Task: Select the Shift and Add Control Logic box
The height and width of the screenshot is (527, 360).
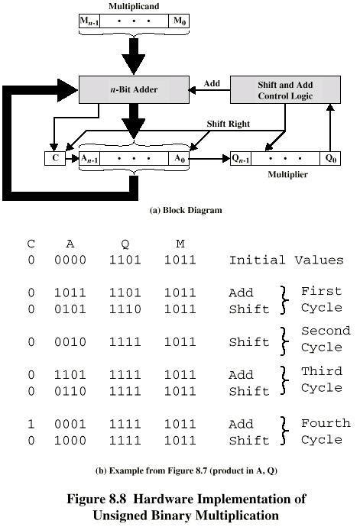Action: point(284,89)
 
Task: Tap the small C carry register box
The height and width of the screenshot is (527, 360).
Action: point(55,159)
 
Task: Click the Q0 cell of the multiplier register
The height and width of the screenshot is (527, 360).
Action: point(331,159)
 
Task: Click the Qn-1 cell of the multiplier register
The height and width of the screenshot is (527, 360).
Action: point(243,159)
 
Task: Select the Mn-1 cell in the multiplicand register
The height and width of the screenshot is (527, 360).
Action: point(89,21)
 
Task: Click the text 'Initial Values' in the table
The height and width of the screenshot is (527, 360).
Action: point(286,260)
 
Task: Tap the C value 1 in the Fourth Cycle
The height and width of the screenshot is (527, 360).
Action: point(31,424)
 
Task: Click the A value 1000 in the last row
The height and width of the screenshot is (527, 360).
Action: point(70,441)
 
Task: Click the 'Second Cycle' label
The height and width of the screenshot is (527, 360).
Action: point(325,338)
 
